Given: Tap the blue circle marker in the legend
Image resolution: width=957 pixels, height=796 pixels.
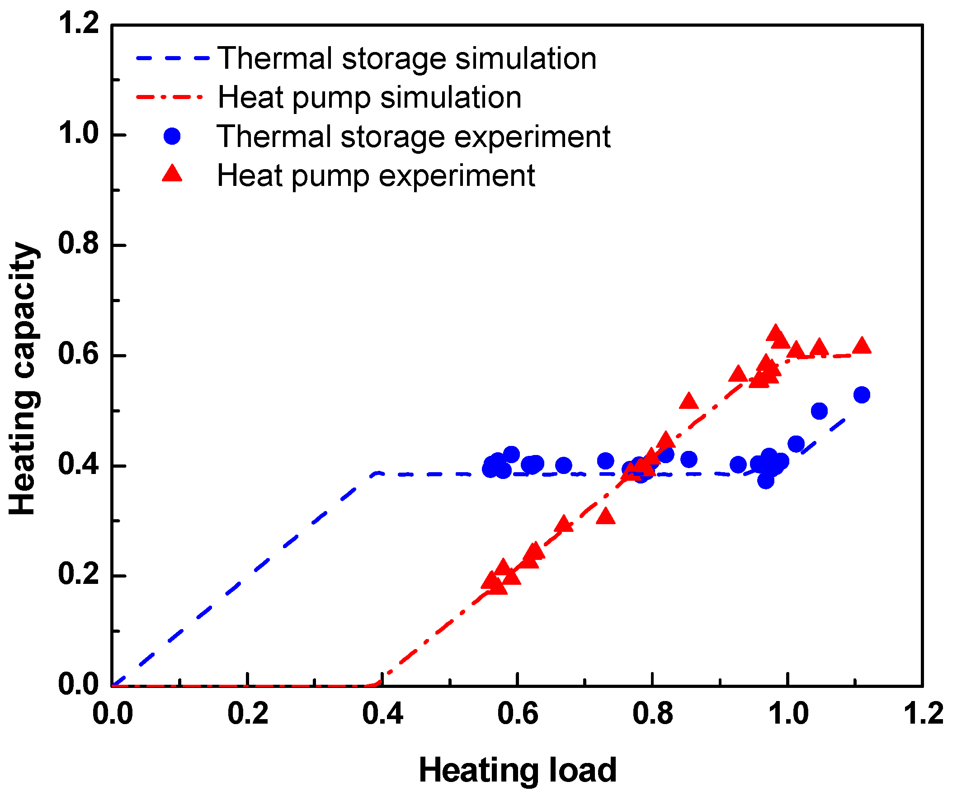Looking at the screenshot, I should pos(172,136).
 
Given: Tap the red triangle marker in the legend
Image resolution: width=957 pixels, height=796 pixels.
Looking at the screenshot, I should pos(172,174).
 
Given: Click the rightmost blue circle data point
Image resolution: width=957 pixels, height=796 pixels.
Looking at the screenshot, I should pos(861,395).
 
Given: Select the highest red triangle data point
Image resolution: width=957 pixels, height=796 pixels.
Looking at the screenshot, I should pos(775,333).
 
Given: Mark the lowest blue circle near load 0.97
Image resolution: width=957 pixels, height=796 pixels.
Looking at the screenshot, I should pos(766,481).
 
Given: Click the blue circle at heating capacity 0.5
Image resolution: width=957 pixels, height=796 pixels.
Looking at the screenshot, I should pos(820,411).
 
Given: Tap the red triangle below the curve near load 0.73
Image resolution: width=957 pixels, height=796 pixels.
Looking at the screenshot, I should pos(605,516).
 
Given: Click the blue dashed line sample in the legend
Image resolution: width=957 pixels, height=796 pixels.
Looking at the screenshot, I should pos(172,58).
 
